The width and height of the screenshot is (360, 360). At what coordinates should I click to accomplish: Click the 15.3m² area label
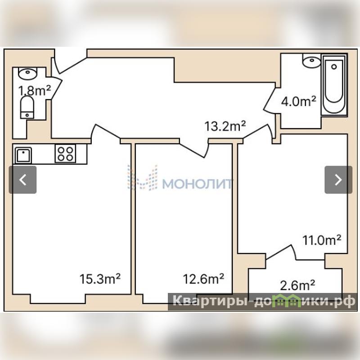(100, 279)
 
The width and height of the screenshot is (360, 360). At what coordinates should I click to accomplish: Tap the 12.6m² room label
(203, 279)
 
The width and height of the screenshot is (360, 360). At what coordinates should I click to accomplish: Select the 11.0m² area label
(322, 240)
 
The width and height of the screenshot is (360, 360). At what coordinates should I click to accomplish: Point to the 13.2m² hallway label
(225, 126)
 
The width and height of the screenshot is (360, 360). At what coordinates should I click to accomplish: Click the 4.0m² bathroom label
(299, 101)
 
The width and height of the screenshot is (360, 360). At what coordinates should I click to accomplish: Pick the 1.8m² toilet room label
(35, 90)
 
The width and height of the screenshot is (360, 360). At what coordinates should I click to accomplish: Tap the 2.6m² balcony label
(297, 285)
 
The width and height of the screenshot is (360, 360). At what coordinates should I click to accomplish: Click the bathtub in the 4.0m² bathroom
(334, 85)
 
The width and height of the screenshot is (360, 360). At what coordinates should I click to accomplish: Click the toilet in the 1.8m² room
(27, 107)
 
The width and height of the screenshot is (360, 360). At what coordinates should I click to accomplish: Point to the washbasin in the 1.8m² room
(27, 73)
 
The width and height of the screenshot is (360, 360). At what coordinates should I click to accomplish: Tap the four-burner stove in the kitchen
(65, 153)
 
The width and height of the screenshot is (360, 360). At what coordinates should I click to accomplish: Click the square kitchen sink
(23, 155)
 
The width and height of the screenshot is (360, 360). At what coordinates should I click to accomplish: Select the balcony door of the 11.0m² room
(281, 252)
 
